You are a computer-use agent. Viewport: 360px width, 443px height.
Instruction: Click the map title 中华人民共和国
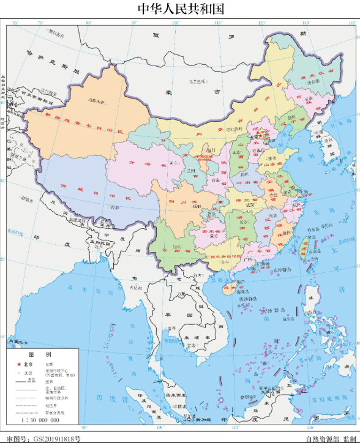pyautogui.click(x=180, y=9)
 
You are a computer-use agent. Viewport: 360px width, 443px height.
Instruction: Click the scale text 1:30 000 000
pyautogui.click(x=43, y=420)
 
